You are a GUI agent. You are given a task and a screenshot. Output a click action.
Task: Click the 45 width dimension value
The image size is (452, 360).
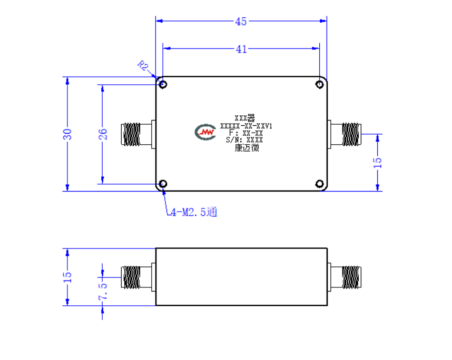click(x=241, y=22)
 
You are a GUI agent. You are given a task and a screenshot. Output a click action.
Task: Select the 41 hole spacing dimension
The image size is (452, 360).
click(x=241, y=49)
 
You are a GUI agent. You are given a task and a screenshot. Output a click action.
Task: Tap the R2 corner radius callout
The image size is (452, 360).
click(x=143, y=66)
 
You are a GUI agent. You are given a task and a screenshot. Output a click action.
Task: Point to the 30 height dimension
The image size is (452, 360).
click(x=67, y=134)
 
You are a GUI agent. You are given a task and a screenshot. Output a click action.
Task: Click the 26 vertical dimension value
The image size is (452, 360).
click(x=103, y=134)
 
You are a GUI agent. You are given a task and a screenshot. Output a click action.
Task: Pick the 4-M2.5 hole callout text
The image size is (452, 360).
click(x=194, y=212)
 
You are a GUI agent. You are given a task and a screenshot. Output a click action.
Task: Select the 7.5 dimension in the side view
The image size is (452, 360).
click(x=103, y=291)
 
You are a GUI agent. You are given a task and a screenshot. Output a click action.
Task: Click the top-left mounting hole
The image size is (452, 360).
click(x=163, y=84)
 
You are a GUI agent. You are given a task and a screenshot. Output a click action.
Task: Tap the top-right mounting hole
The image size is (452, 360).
click(x=319, y=84)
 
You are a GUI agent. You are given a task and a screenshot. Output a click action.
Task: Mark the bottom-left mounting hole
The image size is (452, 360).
click(x=163, y=184)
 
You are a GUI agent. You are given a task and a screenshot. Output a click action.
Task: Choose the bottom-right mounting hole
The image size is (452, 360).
click(x=319, y=184)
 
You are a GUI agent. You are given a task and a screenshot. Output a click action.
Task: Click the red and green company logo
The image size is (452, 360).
click(x=205, y=132)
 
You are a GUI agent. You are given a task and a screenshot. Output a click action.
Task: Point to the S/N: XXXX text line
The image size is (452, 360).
click(x=244, y=140)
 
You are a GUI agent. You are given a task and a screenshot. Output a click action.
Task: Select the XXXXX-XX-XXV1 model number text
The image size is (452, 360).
click(x=246, y=126)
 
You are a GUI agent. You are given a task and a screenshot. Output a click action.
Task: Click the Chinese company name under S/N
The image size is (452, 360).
click(x=247, y=148)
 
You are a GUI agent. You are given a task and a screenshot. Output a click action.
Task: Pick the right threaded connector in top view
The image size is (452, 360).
click(x=345, y=134)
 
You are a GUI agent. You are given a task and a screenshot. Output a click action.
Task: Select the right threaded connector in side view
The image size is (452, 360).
click(x=345, y=277)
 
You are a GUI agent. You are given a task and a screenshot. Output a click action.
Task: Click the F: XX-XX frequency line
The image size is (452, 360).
click(x=246, y=133)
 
